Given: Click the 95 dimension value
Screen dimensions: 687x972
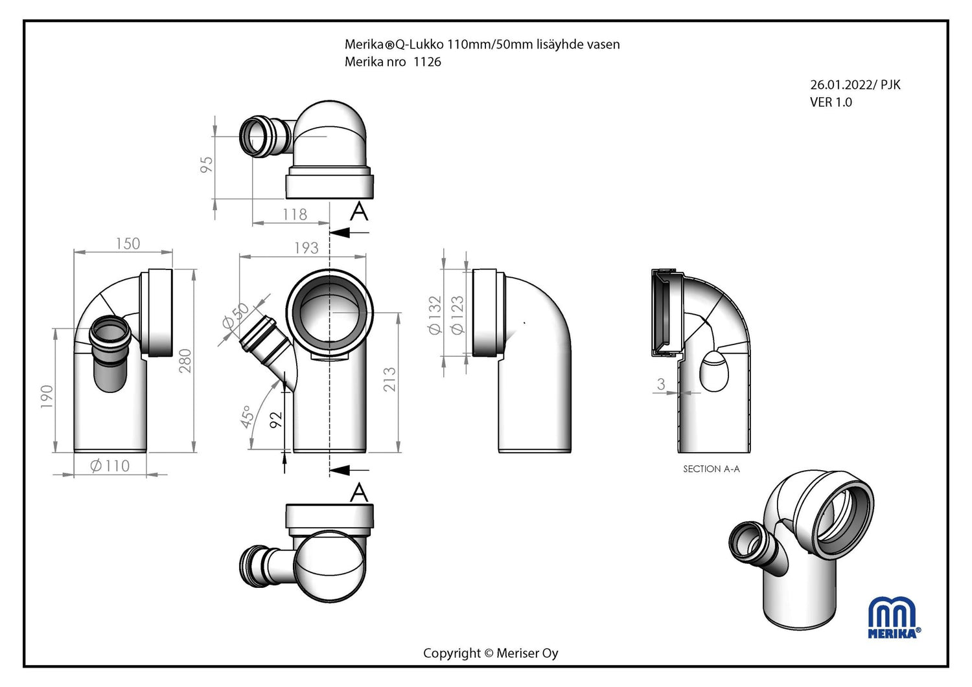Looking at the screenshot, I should click(207, 164).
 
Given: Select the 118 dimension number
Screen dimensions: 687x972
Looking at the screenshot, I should click(295, 214).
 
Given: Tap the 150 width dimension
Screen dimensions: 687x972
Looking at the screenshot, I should click(128, 243).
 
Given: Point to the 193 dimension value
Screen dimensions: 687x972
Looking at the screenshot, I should click(307, 248).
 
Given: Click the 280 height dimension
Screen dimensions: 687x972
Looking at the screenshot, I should click(185, 361).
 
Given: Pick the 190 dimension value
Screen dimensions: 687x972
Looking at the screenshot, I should click(47, 396).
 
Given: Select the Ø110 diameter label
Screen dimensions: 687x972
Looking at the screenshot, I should click(110, 466).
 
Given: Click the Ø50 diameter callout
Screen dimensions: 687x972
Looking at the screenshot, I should click(235, 315).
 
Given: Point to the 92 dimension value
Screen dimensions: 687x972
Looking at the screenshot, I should click(276, 420).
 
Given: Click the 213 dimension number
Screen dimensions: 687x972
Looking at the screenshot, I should click(389, 379).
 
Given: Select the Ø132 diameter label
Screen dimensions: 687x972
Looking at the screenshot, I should click(435, 315).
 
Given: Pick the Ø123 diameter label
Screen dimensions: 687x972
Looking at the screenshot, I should click(457, 315).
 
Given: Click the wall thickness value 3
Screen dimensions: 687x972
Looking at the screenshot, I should click(661, 384).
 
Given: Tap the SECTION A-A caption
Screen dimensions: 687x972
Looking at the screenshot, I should click(711, 469).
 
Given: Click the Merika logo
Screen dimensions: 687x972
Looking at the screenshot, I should click(894, 618).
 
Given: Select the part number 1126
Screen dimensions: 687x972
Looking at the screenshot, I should click(427, 62).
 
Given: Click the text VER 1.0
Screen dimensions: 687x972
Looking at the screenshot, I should click(831, 102).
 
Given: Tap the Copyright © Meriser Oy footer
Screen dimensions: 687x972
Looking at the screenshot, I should click(491, 653).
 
